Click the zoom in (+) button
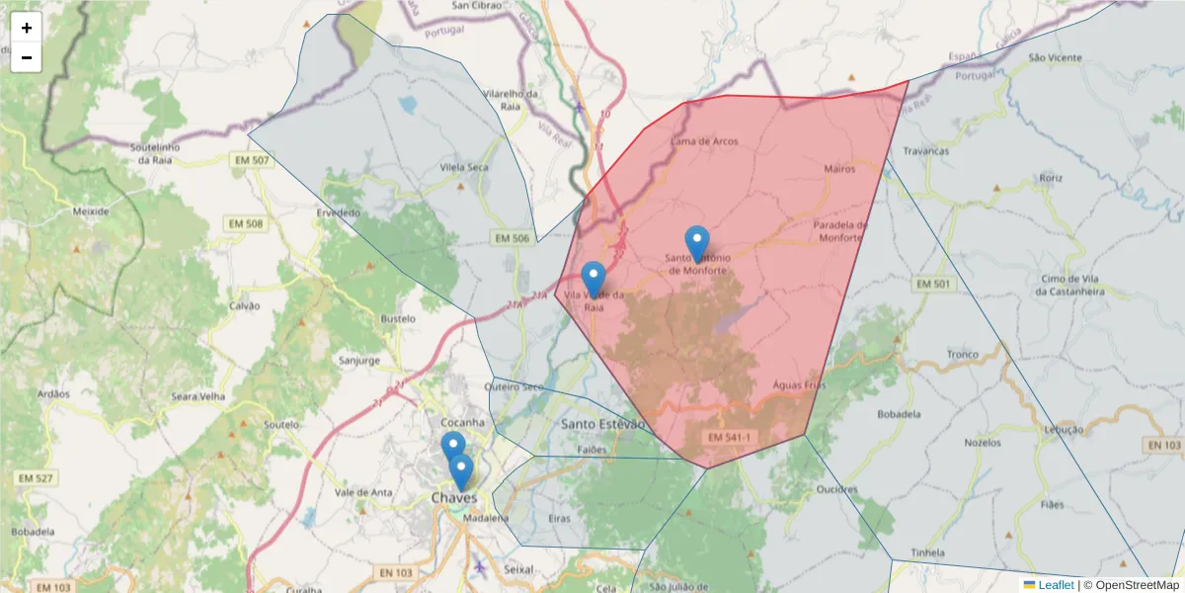[x=27, y=28]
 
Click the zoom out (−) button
[x=27, y=57]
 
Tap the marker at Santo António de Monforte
[x=697, y=242]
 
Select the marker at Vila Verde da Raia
[x=593, y=278]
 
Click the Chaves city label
[x=453, y=497]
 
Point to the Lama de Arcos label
[x=704, y=141]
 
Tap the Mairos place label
[x=838, y=169]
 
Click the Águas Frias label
[x=798, y=386]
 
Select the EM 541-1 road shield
[x=730, y=436]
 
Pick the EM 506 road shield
[x=512, y=238]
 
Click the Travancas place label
[x=925, y=151]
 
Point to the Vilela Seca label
[x=464, y=167]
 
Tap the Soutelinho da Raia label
[x=158, y=153]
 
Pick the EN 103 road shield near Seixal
[x=394, y=572]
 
